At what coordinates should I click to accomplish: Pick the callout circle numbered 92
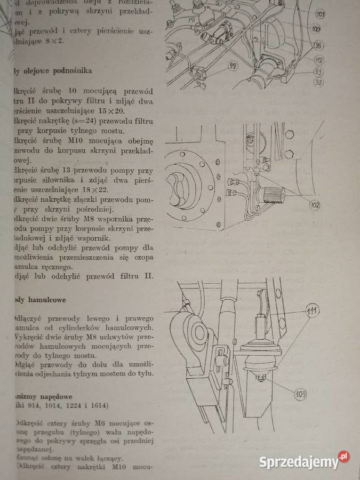[x=318, y=82]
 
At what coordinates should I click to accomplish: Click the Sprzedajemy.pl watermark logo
[x=304, y=460]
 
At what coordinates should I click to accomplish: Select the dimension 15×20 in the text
[x=114, y=110]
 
